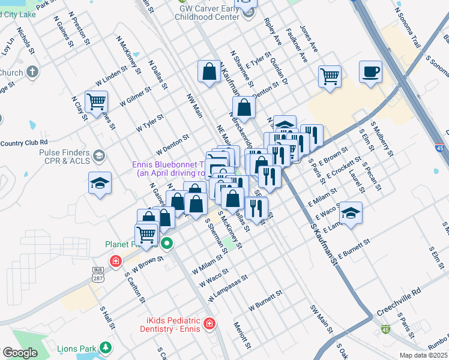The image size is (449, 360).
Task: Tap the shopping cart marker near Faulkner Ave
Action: pyautogui.click(x=330, y=76)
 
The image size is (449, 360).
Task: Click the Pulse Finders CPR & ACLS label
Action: pyautogui.click(x=63, y=157)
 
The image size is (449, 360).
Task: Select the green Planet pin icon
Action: pyautogui.click(x=167, y=244)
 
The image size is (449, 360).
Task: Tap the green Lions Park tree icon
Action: pyautogui.click(x=106, y=347)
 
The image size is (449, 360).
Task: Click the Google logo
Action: pyautogui.click(x=20, y=353)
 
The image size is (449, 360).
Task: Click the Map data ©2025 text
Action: pyautogui.click(x=423, y=355)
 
